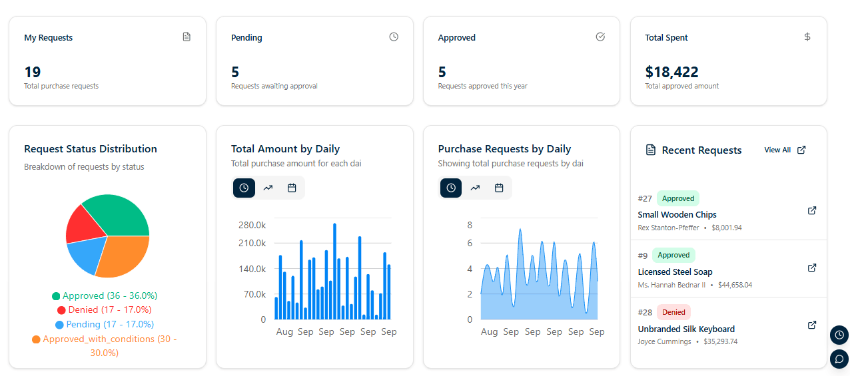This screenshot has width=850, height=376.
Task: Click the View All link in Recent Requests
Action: click(785, 150)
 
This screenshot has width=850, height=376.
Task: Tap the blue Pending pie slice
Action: click(87, 256)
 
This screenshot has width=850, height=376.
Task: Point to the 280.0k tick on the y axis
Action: click(252, 225)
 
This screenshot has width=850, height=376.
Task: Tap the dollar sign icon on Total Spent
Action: click(807, 37)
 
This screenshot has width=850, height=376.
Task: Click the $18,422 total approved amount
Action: click(671, 72)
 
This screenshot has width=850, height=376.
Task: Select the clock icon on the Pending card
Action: click(394, 37)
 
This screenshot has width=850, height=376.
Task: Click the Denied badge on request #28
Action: click(673, 312)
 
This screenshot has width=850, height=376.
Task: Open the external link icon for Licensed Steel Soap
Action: click(812, 268)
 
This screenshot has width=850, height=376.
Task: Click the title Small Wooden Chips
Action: click(677, 215)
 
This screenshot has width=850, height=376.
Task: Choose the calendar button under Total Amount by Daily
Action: click(292, 188)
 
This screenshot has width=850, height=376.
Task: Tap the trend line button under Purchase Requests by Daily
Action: click(475, 188)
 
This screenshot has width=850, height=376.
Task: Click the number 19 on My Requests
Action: click(33, 72)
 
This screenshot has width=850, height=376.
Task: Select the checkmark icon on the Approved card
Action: click(600, 37)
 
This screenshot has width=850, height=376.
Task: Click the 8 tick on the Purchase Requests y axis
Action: click(470, 225)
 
